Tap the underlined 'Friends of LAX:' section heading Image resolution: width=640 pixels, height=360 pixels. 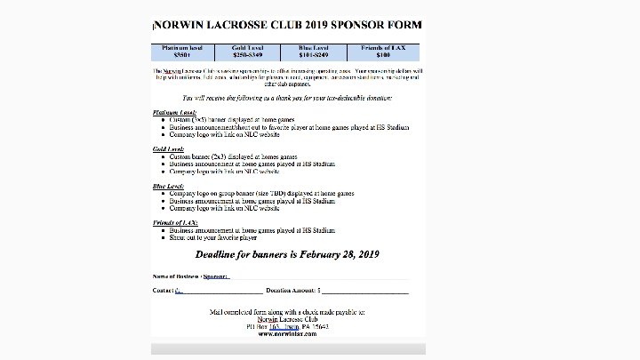(x=173, y=221)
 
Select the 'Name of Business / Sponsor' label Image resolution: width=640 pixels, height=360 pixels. (x=191, y=276)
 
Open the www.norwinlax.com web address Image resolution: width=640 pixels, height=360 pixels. (x=287, y=333)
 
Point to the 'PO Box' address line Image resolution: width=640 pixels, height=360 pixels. (x=287, y=326)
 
